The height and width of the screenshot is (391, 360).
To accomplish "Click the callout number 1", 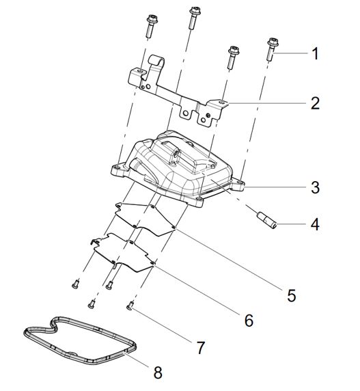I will [x=314, y=53].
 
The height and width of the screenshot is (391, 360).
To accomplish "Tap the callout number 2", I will [x=314, y=104].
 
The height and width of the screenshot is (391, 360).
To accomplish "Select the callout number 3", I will [x=315, y=186].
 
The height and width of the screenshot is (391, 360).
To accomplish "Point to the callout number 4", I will [x=314, y=224].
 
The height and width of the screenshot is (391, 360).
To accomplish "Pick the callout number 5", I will [x=291, y=295].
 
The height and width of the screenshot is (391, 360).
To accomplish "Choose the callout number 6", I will [x=248, y=319].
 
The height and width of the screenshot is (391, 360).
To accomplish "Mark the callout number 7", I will [x=200, y=348].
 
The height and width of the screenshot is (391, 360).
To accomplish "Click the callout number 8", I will [x=158, y=373].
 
